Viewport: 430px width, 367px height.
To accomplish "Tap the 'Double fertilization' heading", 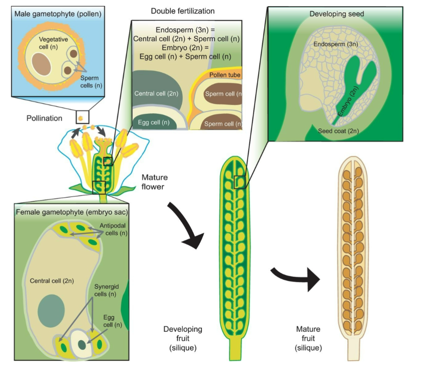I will [183, 11].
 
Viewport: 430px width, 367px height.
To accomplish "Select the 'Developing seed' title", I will [336, 14].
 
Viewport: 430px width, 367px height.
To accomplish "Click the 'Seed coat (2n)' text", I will [338, 131].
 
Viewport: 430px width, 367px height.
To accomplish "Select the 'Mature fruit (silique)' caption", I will [308, 338].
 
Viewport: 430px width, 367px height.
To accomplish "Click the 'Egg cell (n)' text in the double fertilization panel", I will [154, 122].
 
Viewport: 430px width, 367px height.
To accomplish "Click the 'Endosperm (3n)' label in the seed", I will [336, 44].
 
